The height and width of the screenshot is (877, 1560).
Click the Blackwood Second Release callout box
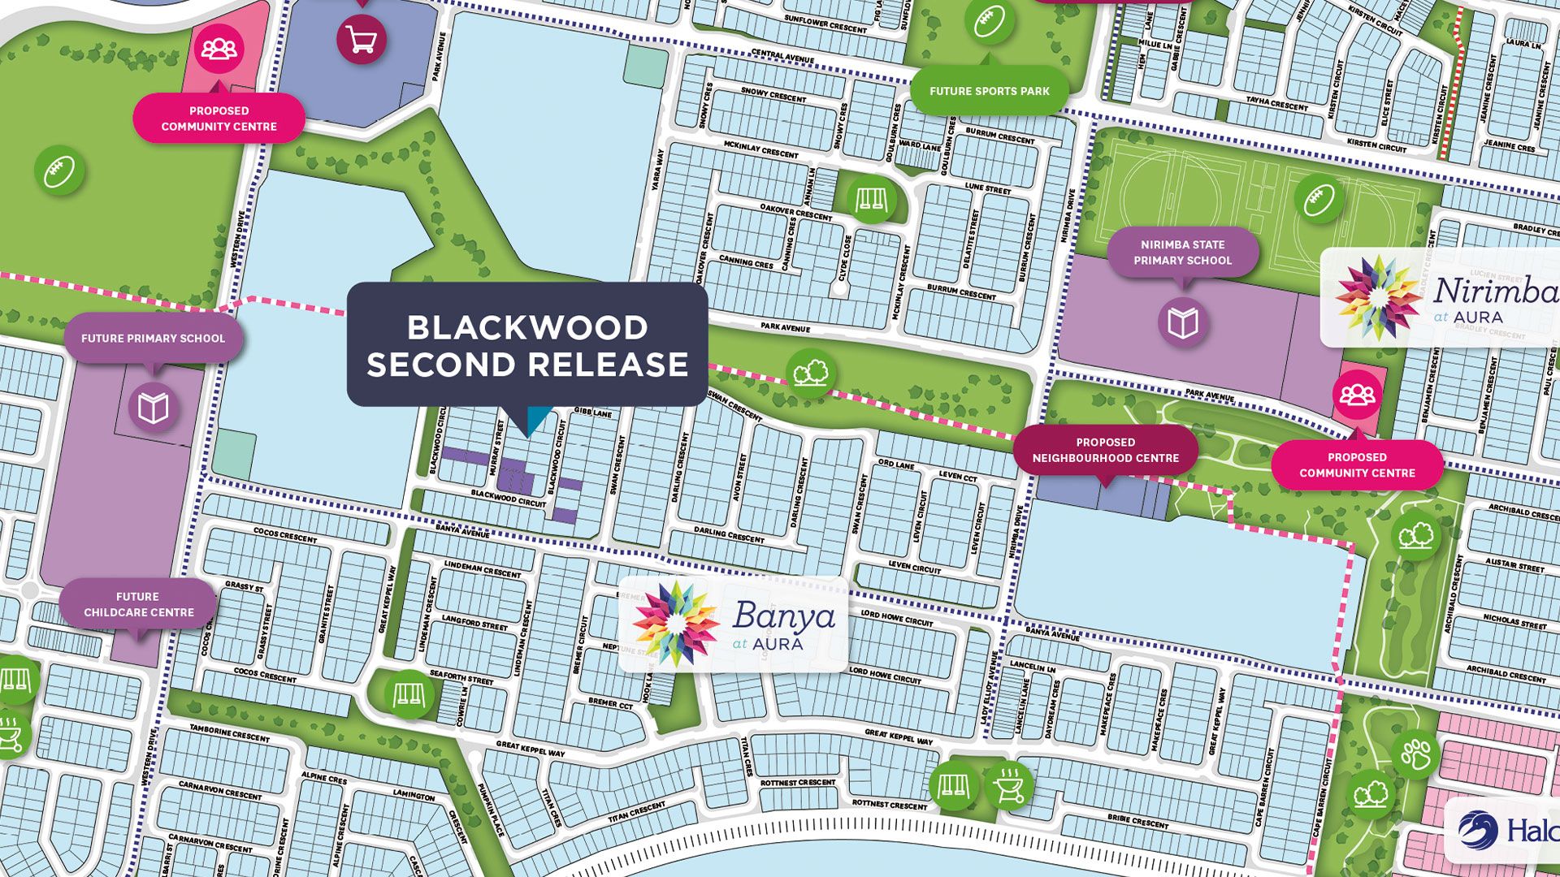[x=527, y=345]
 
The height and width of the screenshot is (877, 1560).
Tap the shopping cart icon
[x=362, y=39]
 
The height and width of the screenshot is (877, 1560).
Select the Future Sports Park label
[x=989, y=91]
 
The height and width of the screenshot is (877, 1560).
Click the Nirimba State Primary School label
[x=1182, y=253]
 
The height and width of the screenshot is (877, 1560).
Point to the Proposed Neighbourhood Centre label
[x=1105, y=450]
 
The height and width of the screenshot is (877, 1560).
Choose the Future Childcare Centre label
[x=138, y=604]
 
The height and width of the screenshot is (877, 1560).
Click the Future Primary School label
[x=153, y=338]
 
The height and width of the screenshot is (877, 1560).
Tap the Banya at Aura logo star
[x=675, y=624]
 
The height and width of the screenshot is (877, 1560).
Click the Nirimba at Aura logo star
[x=1378, y=296]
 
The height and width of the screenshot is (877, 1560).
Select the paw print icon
[x=1415, y=754]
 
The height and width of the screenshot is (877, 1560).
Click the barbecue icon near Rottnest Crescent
[x=1010, y=785]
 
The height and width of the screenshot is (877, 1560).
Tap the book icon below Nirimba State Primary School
[x=1183, y=322]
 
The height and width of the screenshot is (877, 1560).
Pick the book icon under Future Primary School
[x=153, y=408]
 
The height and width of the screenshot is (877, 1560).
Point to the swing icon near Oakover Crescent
[x=870, y=197]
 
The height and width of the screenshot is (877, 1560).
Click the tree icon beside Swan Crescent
[x=811, y=374]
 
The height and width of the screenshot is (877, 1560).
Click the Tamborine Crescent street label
[x=229, y=732]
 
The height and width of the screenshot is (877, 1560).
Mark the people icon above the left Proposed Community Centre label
[x=219, y=49]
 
